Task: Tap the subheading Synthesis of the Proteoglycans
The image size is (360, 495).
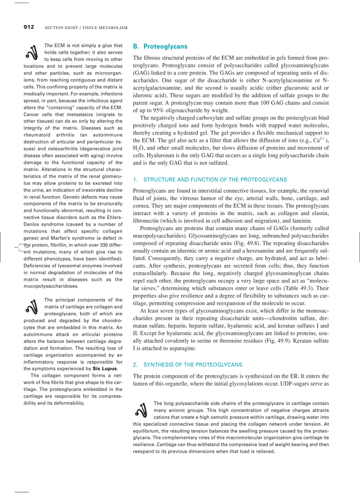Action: click(193, 365)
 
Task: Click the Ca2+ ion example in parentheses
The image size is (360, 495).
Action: click(319, 140)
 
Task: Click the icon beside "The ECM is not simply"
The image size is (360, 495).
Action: click(31, 52)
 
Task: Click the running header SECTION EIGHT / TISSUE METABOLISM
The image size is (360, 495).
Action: click(86, 28)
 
